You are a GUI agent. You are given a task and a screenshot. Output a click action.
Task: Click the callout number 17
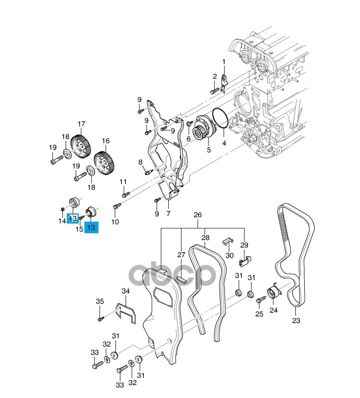pos(81,124)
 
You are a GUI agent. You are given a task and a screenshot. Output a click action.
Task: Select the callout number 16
pos(106,141)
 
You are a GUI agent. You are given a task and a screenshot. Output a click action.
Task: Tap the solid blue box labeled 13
pos(91,227)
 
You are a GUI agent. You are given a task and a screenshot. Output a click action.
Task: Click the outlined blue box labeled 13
pos(73,218)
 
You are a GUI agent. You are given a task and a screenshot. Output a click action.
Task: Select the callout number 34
pos(125,291)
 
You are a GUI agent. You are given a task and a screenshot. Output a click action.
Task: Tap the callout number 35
pos(100,301)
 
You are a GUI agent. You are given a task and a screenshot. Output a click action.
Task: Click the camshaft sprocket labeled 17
pos(80,145)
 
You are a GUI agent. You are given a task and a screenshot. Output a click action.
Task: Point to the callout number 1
pos(224,62)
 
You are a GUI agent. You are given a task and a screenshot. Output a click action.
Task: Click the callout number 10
pos(115,221)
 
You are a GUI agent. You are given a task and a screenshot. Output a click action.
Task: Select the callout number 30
pos(230,255)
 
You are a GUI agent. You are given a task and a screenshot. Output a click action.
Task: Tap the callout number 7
pos(168,214)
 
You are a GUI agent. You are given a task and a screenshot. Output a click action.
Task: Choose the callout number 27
pos(182,255)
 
